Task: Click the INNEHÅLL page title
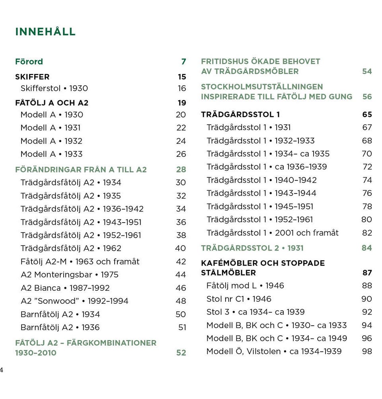[45, 32]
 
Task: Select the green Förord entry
[29, 62]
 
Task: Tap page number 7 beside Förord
[183, 62]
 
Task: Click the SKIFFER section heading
[32, 77]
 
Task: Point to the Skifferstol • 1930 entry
[54, 88]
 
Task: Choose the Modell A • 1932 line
[51, 141]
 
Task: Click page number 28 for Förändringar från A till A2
[181, 170]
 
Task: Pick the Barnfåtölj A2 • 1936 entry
[60, 327]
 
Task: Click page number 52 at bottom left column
[181, 353]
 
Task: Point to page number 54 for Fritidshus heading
[367, 72]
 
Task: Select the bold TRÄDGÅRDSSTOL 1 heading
[240, 115]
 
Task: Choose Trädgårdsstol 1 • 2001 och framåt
[273, 233]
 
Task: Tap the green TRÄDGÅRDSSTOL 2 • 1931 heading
[252, 248]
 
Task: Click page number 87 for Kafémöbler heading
[367, 273]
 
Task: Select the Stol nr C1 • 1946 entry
[239, 299]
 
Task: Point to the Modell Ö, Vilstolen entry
[274, 352]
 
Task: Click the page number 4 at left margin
[2, 370]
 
